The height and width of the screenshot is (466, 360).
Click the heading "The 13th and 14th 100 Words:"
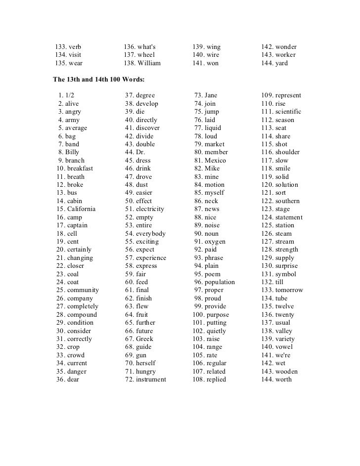coord(98,79)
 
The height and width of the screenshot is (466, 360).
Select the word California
coord(82,209)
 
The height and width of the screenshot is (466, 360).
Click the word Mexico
coord(215,161)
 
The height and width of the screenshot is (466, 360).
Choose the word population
coord(220,282)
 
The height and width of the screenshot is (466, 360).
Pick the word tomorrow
coord(289,290)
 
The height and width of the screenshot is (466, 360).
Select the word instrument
coord(151,380)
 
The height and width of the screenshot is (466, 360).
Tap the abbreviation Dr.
coord(140,152)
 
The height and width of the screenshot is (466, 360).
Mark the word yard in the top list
coord(281,63)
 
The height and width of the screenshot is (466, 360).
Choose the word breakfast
coord(80,169)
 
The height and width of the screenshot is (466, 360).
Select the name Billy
coord(72,152)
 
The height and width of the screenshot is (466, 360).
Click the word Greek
coord(144,339)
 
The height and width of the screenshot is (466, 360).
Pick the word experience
coord(151,258)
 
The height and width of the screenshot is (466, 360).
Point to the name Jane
coord(211,95)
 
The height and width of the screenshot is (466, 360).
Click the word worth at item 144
coord(283,380)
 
